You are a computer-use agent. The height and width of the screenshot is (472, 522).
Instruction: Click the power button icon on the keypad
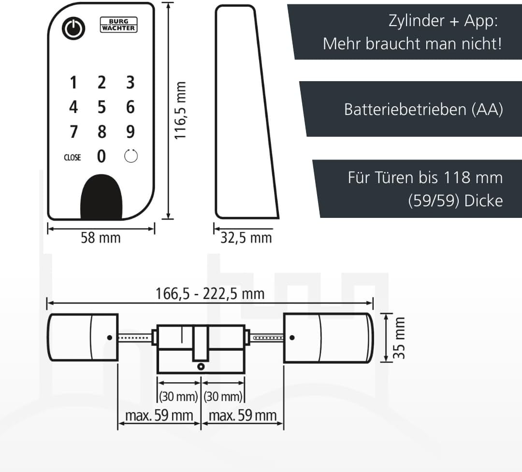(73, 29)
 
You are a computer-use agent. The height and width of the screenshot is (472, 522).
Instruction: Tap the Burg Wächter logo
(118, 25)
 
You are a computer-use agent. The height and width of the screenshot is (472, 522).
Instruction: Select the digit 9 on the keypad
(130, 131)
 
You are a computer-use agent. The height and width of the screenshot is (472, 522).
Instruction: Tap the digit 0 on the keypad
(101, 157)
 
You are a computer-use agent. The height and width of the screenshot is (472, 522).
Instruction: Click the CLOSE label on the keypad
(72, 157)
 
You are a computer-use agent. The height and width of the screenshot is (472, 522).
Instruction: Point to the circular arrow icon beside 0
(131, 157)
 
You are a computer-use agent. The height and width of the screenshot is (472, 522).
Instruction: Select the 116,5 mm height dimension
(180, 111)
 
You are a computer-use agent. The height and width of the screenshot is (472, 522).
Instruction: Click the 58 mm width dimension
(101, 238)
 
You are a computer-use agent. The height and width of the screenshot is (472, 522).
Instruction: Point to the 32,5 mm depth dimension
(246, 238)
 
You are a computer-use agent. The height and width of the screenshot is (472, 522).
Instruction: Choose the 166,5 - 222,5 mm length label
(210, 293)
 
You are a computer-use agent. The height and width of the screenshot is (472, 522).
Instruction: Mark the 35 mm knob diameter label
(399, 338)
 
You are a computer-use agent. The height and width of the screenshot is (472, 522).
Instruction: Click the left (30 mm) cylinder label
(178, 397)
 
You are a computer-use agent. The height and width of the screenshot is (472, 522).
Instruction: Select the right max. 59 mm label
(243, 415)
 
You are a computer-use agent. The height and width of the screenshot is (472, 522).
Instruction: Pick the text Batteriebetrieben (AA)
(423, 110)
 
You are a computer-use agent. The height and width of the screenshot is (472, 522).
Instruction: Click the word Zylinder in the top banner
(410, 21)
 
